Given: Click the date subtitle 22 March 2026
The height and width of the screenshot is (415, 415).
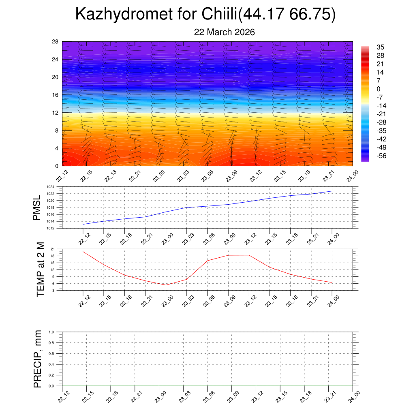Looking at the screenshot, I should (224, 32).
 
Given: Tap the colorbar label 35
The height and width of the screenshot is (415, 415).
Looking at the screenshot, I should (380, 47).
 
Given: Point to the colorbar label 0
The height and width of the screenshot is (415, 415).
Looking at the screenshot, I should (379, 89).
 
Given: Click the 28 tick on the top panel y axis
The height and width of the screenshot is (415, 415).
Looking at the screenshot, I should (56, 42).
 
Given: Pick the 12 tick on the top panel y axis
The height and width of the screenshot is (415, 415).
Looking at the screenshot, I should (56, 113).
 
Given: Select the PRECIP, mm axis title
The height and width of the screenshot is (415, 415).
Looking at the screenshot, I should (38, 359).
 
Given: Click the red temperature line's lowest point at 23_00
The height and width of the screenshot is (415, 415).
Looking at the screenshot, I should (166, 285).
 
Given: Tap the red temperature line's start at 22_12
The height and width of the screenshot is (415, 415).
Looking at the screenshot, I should (83, 251).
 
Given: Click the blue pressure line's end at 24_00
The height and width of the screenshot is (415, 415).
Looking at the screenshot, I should (332, 191).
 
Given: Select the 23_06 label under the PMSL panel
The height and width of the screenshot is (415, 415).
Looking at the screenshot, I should (207, 239).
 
